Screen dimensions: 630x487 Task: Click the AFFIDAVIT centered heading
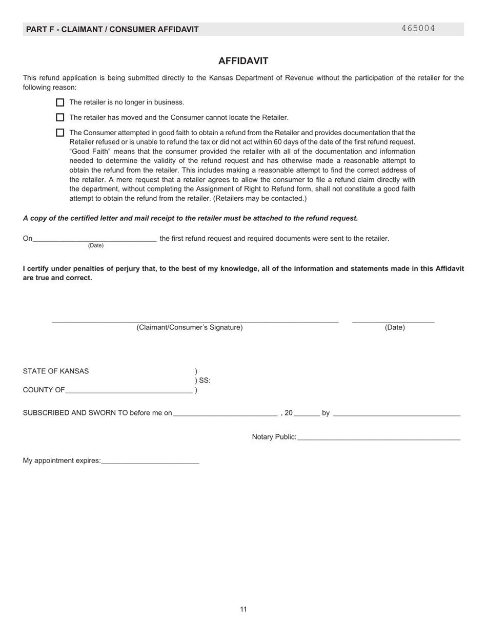coord(243,61)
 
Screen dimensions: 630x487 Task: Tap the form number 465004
coord(418,29)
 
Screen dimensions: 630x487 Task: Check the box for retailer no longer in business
coord(60,102)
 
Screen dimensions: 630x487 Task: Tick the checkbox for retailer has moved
coord(60,117)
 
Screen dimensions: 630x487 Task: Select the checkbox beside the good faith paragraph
coord(60,133)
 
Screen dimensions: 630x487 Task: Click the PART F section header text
coord(112,29)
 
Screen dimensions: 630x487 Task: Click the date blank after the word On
coord(94,239)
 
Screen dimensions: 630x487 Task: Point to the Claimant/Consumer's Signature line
coord(195,321)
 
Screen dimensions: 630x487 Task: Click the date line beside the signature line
coord(393,321)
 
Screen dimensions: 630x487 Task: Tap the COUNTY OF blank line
coord(129,390)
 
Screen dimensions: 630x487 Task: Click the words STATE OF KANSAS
coord(55,371)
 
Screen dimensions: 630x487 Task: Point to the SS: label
coord(204,381)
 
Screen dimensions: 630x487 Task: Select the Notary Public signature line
coord(378,437)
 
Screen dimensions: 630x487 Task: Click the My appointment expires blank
coord(150,461)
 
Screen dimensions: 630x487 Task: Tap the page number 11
coord(243,610)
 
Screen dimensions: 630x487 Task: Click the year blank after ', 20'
coord(307,413)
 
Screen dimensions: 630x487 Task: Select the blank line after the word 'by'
coord(396,413)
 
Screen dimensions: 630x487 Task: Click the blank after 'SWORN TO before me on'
coord(225,413)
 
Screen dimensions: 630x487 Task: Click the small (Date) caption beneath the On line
coord(96,246)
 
